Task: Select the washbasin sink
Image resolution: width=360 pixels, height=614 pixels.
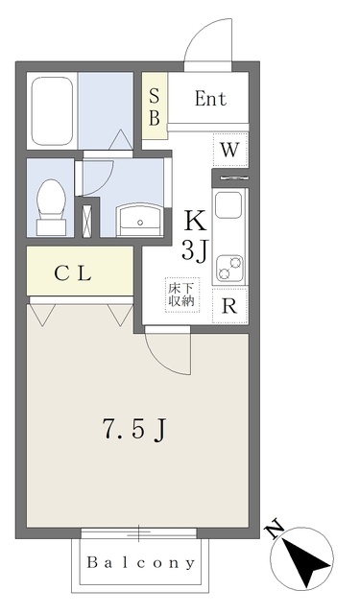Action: (140, 220)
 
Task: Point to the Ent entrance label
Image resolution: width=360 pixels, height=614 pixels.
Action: (209, 98)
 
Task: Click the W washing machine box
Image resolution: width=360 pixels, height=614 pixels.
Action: (229, 149)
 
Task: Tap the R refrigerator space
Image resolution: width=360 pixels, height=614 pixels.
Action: (229, 307)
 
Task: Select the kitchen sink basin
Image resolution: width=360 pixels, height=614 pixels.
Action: (229, 206)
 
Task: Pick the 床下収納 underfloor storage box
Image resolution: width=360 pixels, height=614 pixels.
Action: (181, 294)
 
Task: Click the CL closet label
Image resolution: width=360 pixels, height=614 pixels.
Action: (72, 273)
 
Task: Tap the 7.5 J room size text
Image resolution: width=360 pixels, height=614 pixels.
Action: (133, 430)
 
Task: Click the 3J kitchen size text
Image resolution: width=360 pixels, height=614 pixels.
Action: (195, 252)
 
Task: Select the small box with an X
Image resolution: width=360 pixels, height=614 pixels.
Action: (88, 218)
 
